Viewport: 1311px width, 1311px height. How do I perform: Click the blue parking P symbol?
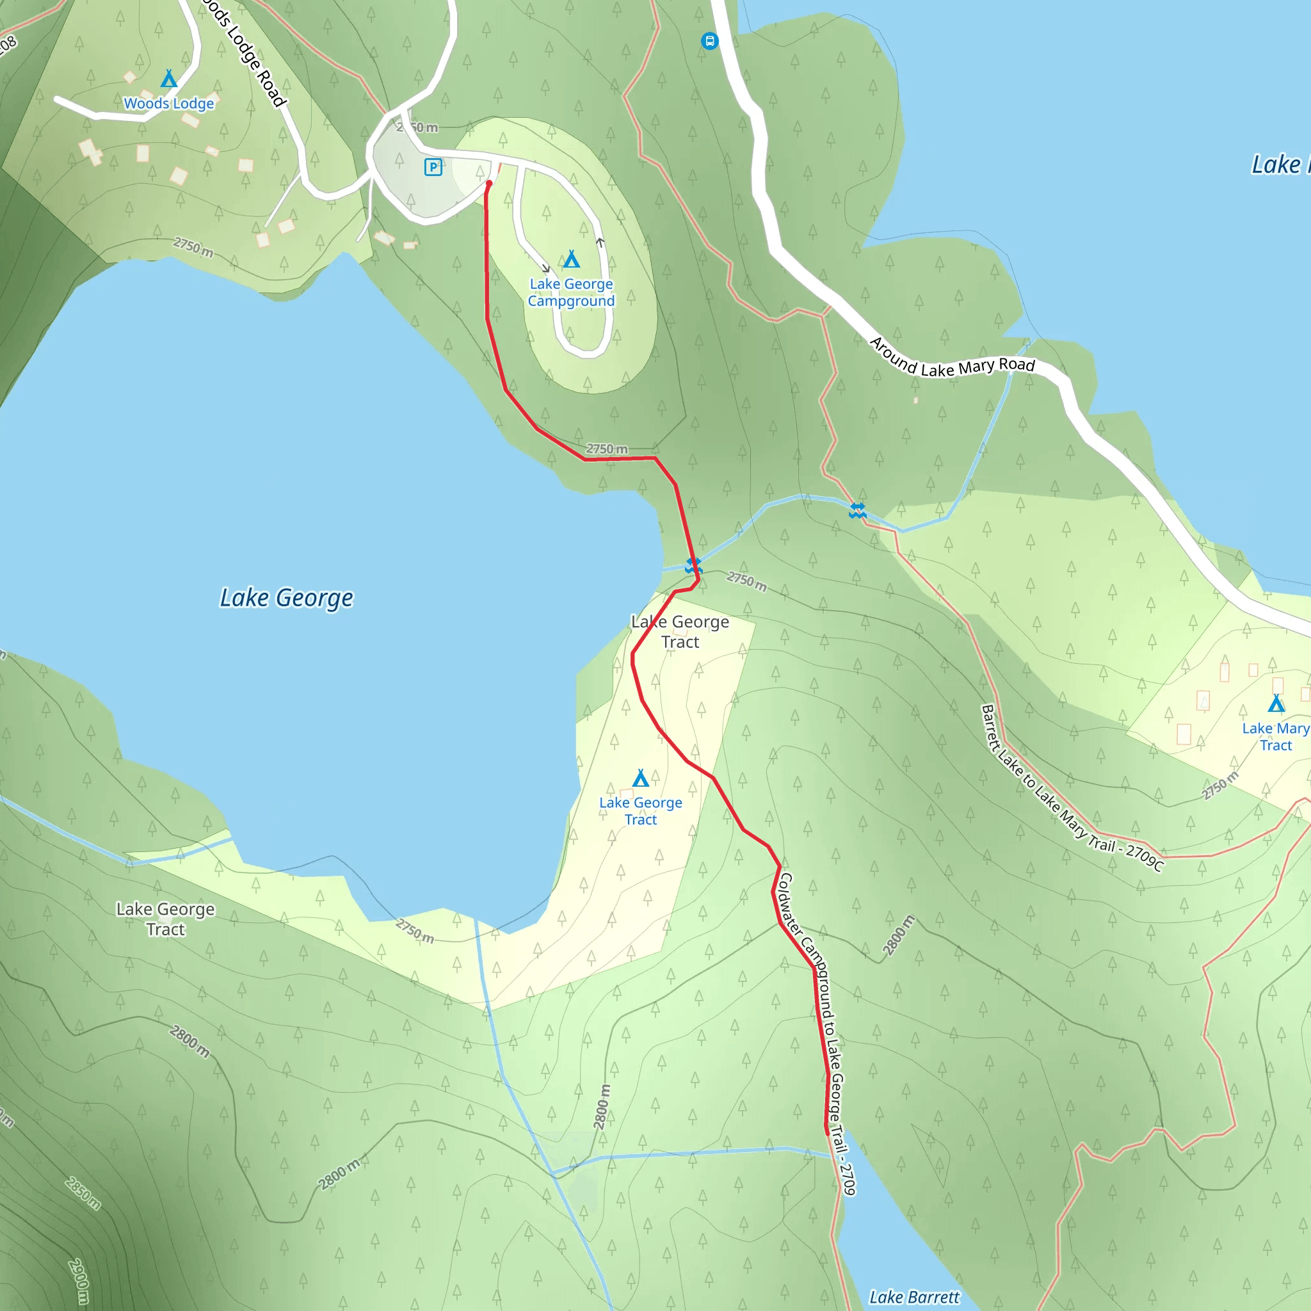click(433, 166)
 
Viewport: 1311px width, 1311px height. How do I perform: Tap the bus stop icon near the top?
click(709, 42)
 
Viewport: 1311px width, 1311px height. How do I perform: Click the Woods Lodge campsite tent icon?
click(169, 79)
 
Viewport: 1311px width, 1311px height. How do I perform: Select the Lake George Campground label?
click(572, 293)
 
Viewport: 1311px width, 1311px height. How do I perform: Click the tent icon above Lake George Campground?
click(572, 259)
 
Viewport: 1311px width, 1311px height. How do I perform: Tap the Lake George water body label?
click(286, 598)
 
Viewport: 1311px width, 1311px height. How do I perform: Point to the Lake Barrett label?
click(914, 1297)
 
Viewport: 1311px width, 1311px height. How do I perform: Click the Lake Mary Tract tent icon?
click(1276, 703)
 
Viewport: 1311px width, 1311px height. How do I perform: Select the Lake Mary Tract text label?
click(1275, 736)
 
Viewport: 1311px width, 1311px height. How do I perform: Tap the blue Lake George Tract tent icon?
click(641, 778)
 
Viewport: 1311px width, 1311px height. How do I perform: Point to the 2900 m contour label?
click(79, 1281)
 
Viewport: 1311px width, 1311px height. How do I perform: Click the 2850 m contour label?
click(83, 1194)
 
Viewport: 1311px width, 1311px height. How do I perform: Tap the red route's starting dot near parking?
click(488, 183)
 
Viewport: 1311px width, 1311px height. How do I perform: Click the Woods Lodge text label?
click(169, 104)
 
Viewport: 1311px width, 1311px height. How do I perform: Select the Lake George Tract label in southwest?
click(166, 919)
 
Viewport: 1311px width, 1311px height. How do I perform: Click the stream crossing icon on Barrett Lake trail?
click(858, 510)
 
